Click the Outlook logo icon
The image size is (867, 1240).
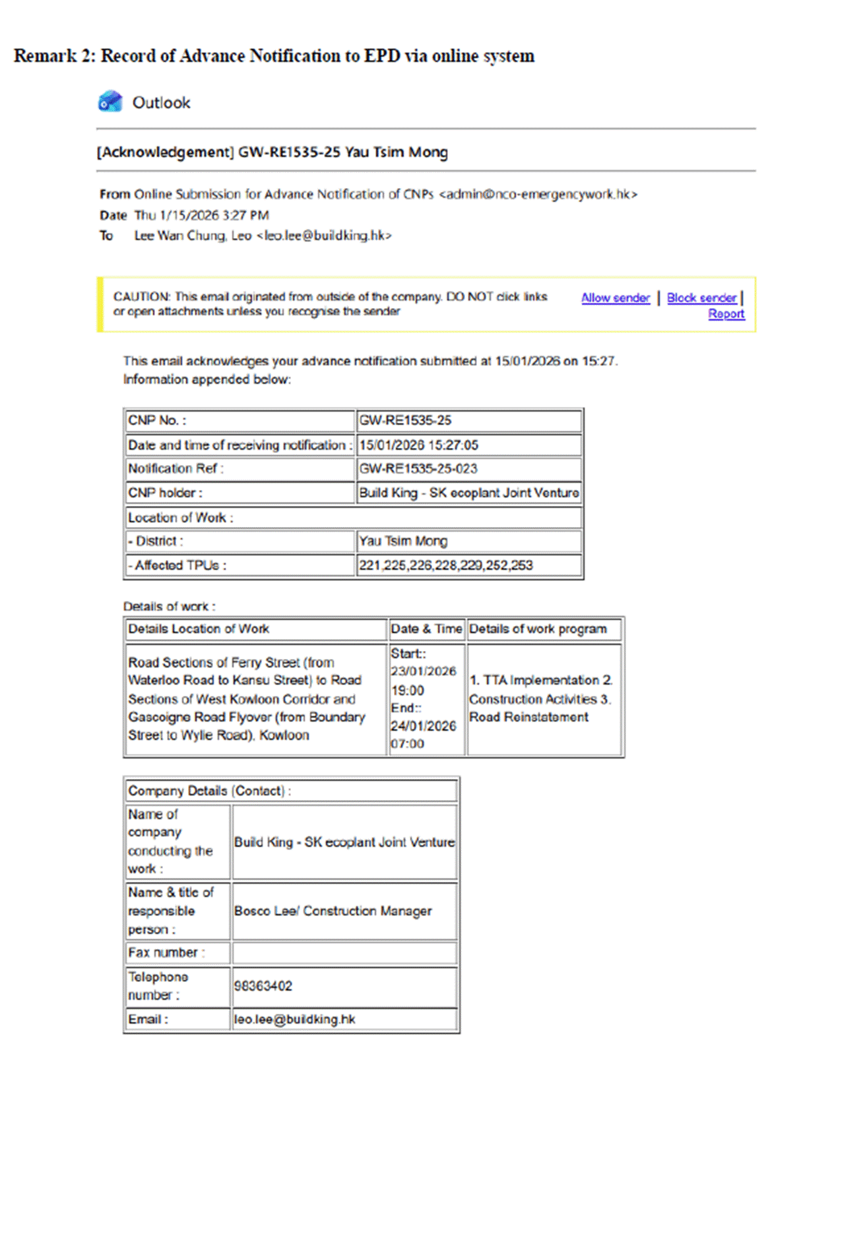110,102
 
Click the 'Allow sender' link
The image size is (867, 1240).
615,298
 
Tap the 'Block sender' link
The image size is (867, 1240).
701,298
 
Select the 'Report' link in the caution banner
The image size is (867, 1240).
726,314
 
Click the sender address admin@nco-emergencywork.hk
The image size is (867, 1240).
538,195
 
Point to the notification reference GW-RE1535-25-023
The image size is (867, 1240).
418,469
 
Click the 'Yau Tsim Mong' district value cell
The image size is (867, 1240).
403,542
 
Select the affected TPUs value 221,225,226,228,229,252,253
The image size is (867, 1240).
445,565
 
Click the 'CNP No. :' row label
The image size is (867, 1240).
157,421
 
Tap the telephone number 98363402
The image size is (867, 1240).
263,986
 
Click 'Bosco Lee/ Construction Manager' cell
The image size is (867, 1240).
333,911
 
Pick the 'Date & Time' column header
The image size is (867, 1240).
426,629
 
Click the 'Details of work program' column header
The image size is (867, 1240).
538,629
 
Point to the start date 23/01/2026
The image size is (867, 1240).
423,671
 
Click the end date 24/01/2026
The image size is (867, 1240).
423,726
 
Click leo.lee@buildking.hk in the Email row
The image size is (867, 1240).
294,1020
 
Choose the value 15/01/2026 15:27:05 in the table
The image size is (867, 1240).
418,445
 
